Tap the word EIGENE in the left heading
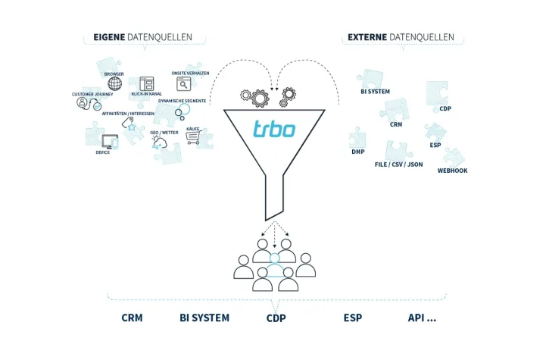coord(109,36)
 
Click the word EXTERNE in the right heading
coord(369,36)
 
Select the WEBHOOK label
coord(452,171)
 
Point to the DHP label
coord(358,152)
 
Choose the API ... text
coord(422,318)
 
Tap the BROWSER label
coord(114,74)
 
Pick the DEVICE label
coord(102,152)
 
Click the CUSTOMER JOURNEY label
coord(92,94)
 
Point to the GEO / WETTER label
coord(164,133)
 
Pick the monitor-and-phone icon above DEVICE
coord(109,141)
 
